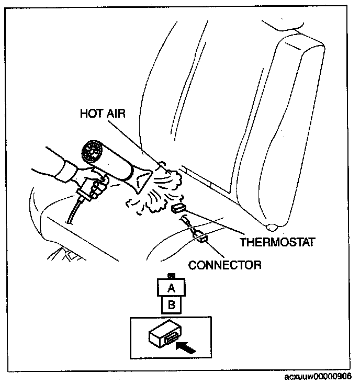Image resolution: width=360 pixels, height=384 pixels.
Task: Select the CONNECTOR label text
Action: [224, 265]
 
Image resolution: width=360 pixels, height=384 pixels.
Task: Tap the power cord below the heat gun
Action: [73, 214]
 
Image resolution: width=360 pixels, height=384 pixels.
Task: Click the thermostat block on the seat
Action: [177, 209]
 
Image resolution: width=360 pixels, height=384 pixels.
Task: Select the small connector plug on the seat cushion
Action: [201, 240]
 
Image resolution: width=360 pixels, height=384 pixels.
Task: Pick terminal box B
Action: [170, 304]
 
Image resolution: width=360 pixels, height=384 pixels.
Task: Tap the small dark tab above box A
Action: [170, 275]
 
